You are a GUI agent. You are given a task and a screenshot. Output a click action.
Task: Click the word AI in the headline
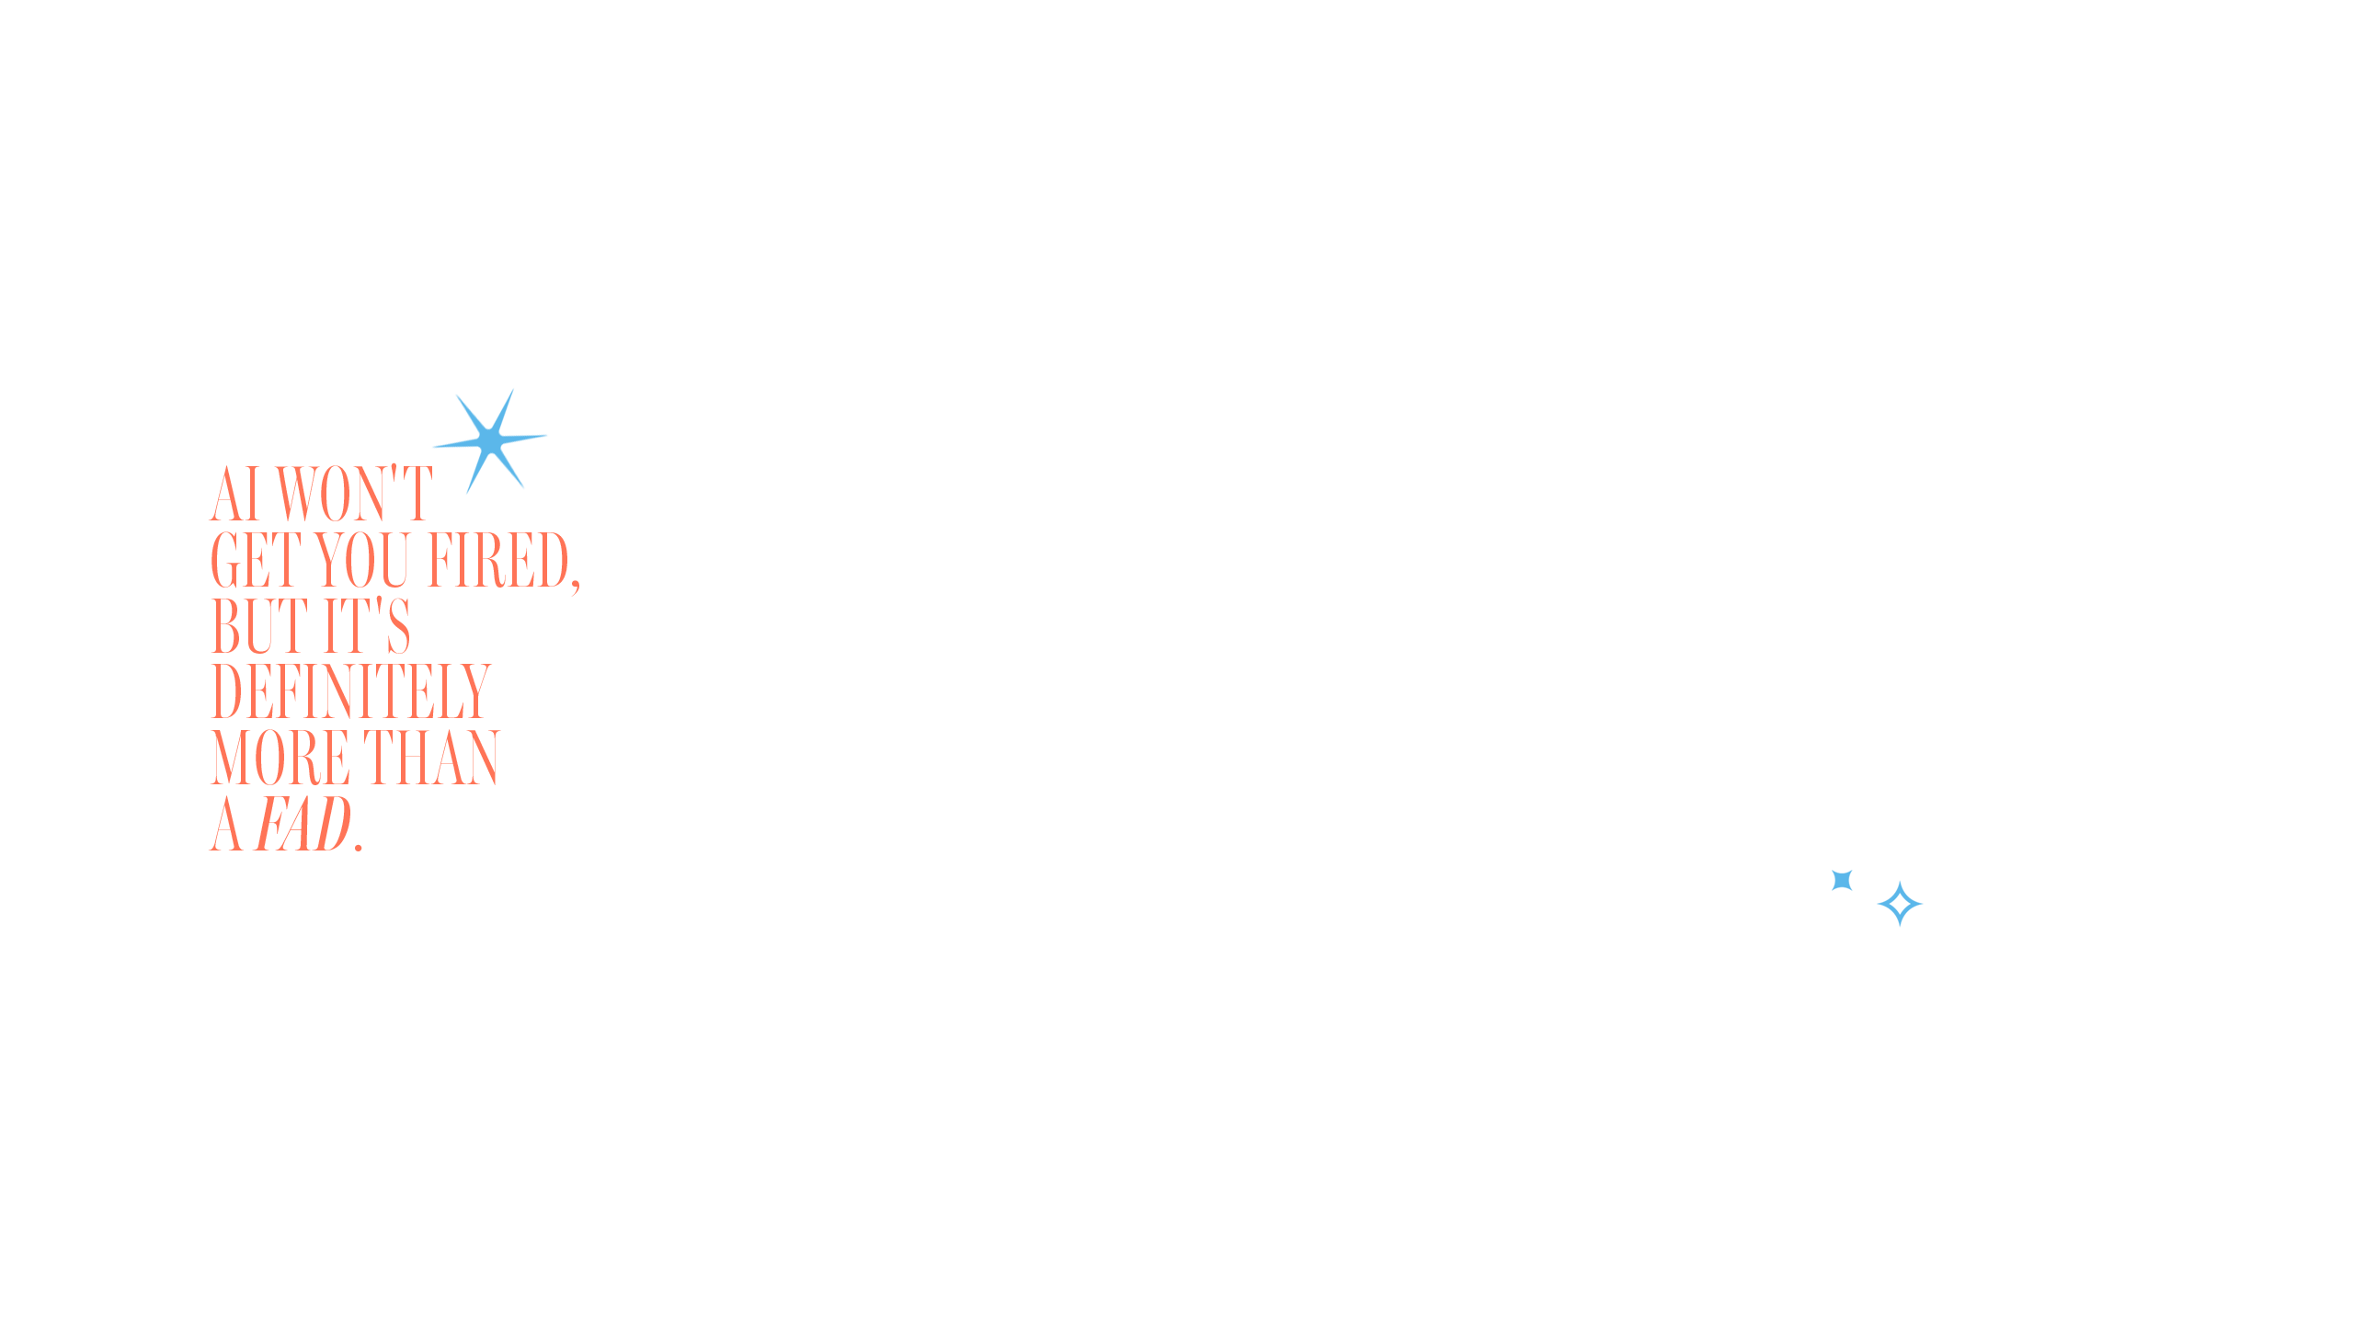235,494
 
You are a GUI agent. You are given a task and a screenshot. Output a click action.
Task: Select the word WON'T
353,494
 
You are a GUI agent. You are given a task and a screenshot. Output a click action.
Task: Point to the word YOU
362,560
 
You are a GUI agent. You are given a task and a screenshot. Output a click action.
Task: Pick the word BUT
259,626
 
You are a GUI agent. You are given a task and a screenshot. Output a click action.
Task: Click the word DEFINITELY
351,692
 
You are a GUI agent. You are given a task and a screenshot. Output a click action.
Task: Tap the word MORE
280,759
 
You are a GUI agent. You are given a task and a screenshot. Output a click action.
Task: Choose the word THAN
431,759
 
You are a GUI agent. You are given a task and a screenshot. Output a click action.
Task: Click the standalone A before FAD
226,825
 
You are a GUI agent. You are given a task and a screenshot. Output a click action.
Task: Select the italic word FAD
303,825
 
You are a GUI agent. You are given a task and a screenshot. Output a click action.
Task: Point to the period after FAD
359,847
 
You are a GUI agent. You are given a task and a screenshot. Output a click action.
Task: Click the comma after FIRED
576,583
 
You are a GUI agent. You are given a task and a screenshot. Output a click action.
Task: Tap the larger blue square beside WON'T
490,441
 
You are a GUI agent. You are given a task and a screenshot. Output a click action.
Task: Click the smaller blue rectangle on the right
1877,898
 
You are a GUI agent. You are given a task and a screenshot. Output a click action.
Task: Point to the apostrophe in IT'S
380,606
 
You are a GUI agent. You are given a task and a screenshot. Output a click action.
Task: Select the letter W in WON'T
296,494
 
